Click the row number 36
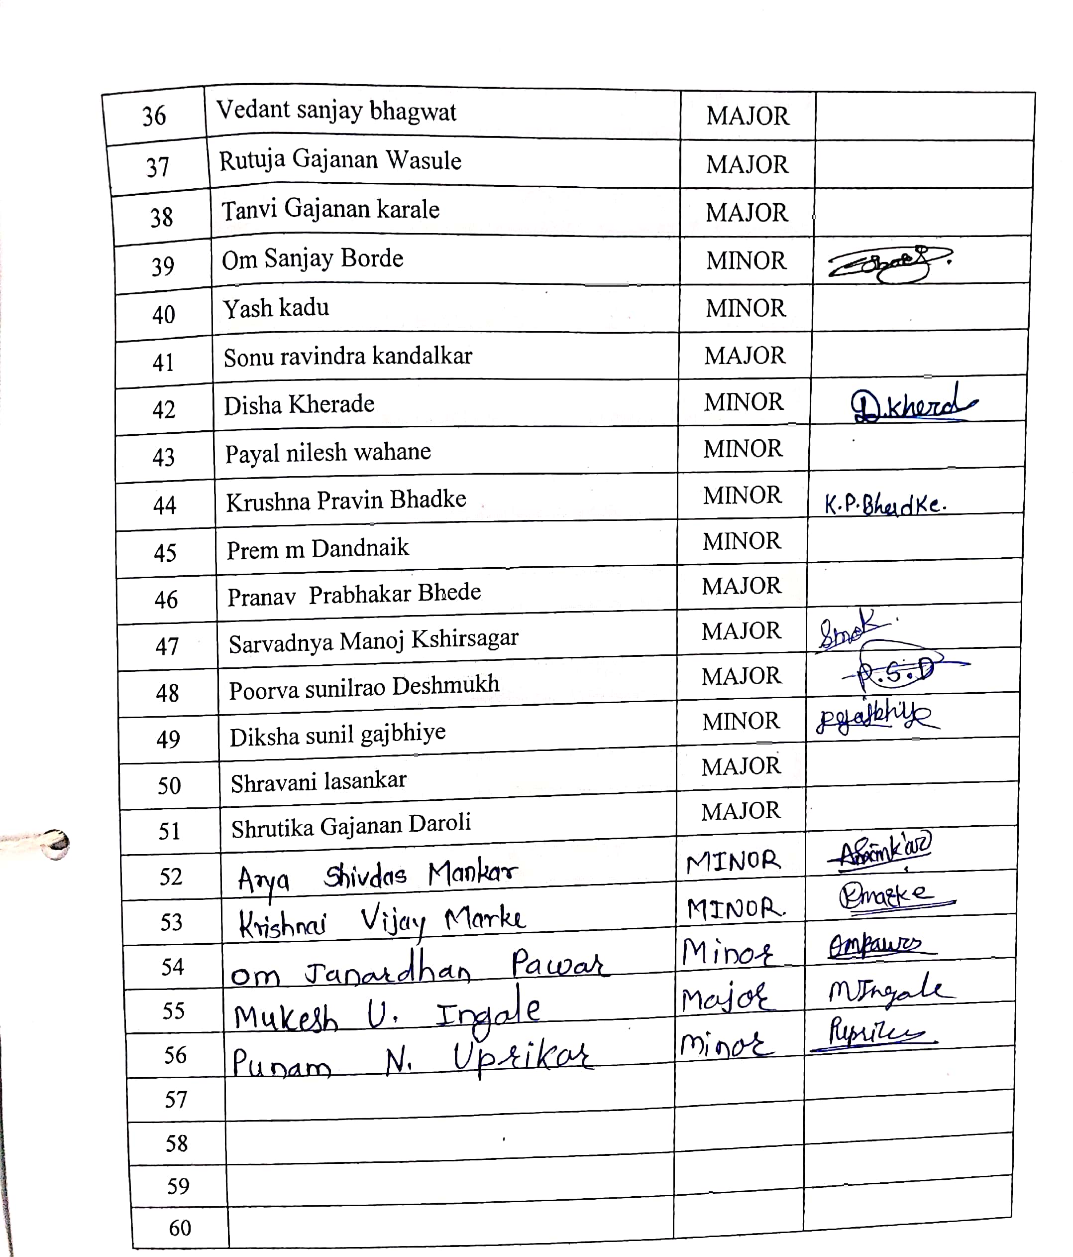coord(154,116)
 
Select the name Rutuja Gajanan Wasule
coord(340,160)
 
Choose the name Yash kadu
coord(276,308)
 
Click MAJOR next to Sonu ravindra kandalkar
coord(745,356)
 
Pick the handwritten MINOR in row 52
coord(733,862)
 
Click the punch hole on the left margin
coord(56,844)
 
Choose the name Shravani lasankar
coord(318,781)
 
